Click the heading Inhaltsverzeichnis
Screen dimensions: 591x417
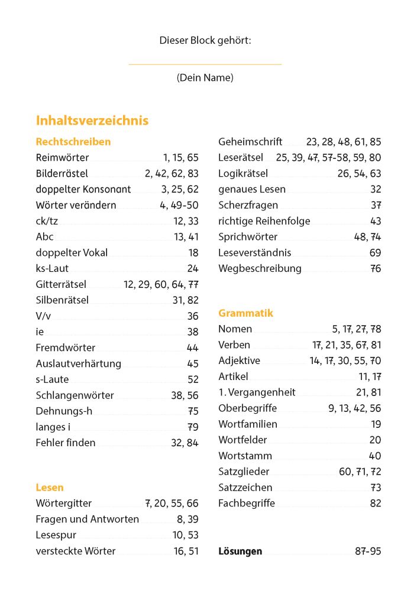[x=92, y=121]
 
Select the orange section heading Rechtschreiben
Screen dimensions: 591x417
[x=73, y=142]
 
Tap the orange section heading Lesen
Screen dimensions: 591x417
[x=50, y=488]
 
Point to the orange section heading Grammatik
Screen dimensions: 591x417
[x=246, y=313]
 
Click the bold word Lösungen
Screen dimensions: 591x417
[x=240, y=551]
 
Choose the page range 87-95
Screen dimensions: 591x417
[x=368, y=551]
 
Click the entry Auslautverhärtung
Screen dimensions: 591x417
[x=79, y=363]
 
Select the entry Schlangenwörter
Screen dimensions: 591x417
[x=75, y=395]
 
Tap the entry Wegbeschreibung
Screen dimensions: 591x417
[x=260, y=268]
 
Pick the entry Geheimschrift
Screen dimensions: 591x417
[x=250, y=142]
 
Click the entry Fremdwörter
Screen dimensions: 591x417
[x=65, y=348]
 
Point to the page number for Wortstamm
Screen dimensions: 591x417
[x=375, y=456]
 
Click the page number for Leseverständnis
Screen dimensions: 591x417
[x=375, y=252]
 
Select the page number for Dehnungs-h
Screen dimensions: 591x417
[x=193, y=411]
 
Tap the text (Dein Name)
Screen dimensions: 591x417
[x=205, y=78]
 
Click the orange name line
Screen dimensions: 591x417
[x=205, y=64]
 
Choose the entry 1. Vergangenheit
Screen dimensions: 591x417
[x=257, y=392]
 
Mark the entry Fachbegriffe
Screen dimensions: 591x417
[x=247, y=504]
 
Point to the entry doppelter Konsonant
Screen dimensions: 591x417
[x=83, y=190]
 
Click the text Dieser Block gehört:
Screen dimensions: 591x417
[x=205, y=40]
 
